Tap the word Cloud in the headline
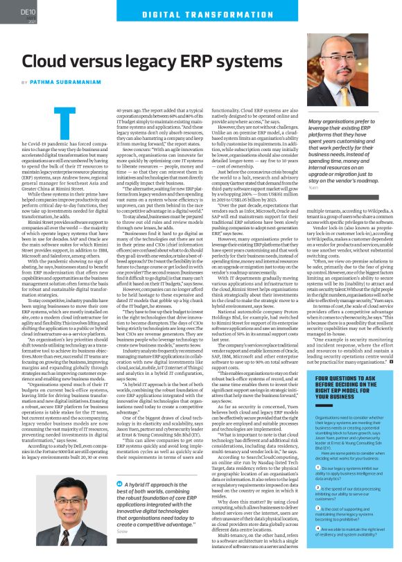[52, 61]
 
